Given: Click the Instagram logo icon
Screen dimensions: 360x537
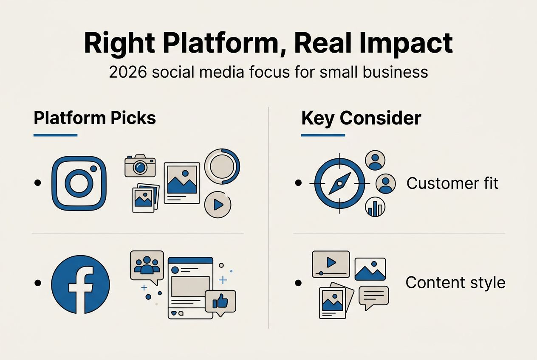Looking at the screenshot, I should (x=79, y=183).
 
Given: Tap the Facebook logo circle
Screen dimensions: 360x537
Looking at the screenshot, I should (x=80, y=284).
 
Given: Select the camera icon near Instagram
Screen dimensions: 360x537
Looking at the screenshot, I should (x=140, y=166).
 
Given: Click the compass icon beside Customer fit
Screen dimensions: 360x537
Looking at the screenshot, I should (x=339, y=183).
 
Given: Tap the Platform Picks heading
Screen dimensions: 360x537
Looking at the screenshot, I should (x=95, y=118).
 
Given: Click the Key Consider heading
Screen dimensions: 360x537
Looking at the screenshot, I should (x=361, y=118).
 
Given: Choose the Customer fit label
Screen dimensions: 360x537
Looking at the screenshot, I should (x=452, y=183).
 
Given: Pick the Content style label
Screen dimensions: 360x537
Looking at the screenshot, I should (x=455, y=282).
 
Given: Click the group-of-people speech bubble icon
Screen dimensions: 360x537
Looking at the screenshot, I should (x=147, y=266).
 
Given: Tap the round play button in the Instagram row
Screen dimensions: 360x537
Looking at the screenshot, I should (x=218, y=205).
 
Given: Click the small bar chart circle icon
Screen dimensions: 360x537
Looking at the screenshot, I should (x=375, y=207).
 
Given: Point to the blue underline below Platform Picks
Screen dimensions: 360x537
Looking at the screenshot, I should (x=55, y=135).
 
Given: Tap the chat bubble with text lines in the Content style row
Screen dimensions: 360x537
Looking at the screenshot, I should (x=373, y=297).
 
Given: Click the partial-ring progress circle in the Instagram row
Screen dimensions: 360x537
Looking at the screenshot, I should (x=222, y=166).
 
